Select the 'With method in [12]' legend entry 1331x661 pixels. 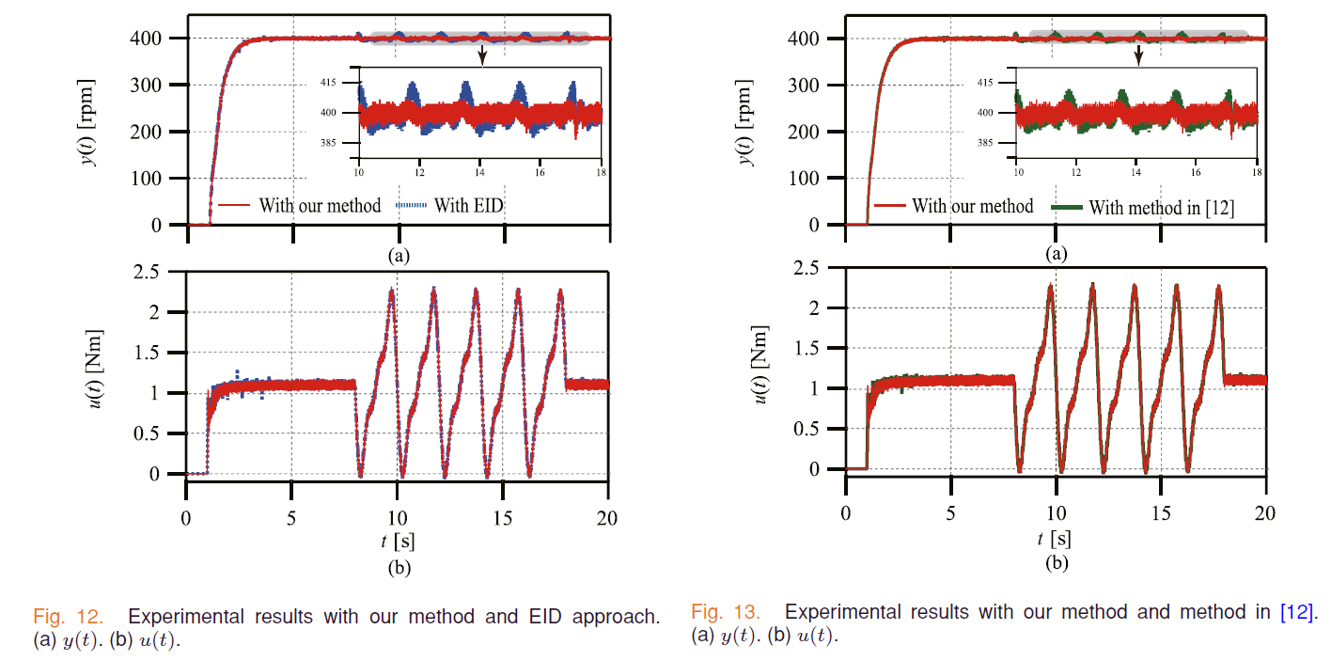[1161, 208]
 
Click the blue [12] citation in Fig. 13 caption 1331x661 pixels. [1297, 612]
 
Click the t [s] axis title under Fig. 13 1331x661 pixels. [1056, 539]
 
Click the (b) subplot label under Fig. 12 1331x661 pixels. [398, 567]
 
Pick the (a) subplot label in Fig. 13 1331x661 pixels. [1057, 253]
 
